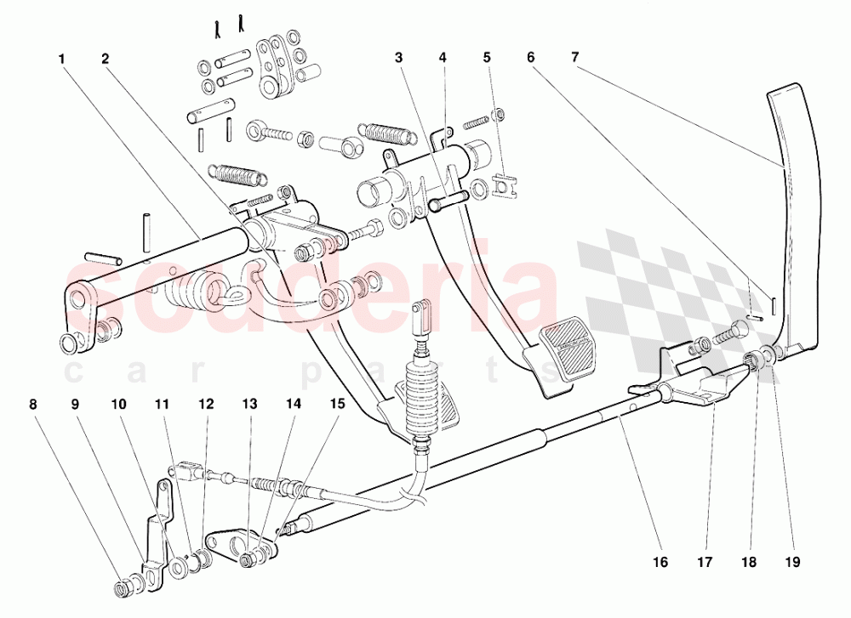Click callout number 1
[x=62, y=59]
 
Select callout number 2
[x=105, y=59]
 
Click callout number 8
[x=34, y=405]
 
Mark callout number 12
[x=205, y=405]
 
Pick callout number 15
[x=338, y=405]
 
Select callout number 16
[x=661, y=561]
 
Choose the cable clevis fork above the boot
[x=420, y=315]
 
